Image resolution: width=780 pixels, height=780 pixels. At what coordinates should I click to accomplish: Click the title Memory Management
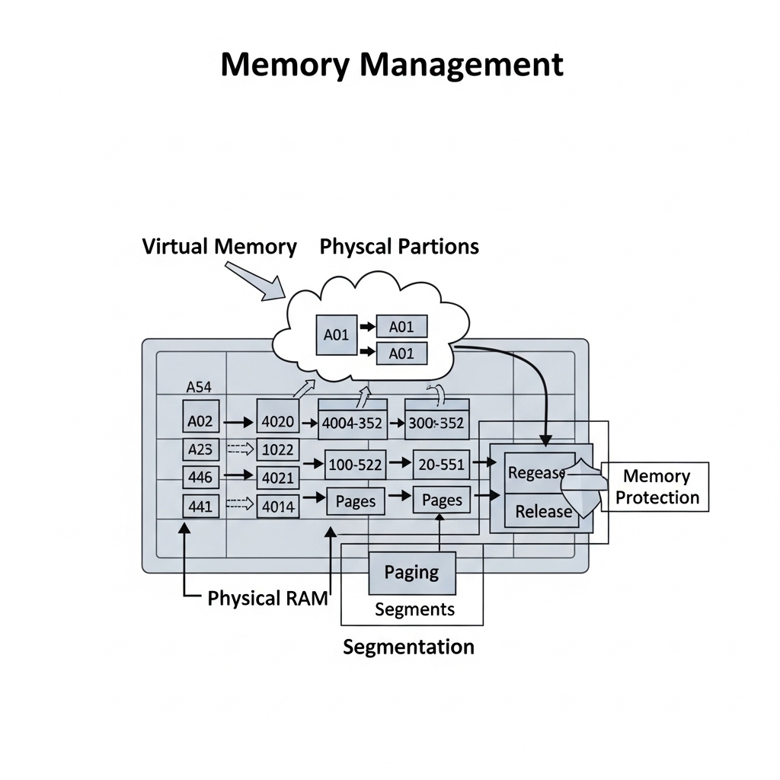[392, 65]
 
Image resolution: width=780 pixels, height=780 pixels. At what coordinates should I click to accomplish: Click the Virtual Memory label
[219, 247]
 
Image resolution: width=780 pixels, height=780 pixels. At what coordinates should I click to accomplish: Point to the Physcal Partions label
[399, 247]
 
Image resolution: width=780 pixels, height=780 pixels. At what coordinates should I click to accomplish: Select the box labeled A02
[200, 420]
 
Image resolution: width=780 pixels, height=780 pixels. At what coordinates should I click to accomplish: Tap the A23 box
[200, 449]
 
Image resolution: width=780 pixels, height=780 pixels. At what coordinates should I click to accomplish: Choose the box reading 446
[200, 478]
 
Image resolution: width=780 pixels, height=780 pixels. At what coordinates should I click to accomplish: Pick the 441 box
[200, 505]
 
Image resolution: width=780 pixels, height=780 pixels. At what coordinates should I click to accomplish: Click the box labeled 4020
[278, 420]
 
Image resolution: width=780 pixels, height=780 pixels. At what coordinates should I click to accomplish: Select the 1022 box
[278, 449]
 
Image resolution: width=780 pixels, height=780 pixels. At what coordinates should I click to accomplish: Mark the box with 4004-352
[352, 423]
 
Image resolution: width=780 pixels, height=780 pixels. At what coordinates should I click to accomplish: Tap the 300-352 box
[436, 423]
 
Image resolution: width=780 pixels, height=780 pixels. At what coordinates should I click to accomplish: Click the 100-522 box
[356, 462]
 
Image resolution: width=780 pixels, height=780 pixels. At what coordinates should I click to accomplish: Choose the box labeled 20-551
[441, 462]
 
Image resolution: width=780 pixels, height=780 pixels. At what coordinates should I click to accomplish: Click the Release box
[542, 511]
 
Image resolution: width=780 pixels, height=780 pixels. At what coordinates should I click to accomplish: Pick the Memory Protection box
[656, 487]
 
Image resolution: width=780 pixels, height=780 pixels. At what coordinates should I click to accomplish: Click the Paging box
[411, 572]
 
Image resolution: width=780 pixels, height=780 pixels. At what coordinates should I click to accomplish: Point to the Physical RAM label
[267, 598]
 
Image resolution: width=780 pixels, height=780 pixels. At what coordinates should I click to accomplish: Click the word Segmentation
[408, 647]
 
